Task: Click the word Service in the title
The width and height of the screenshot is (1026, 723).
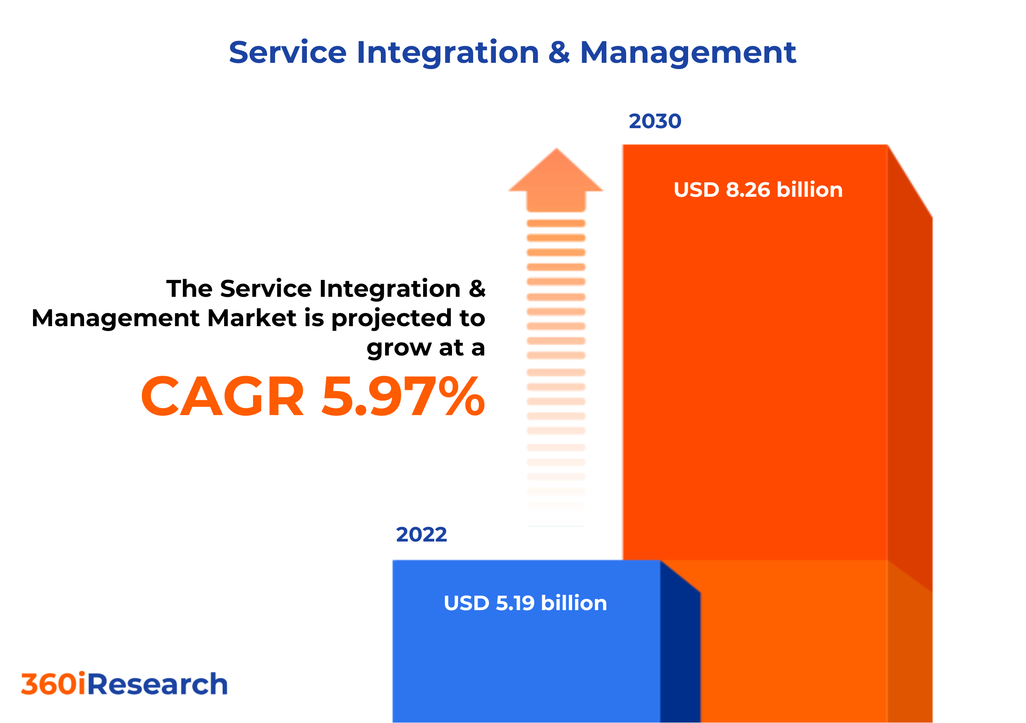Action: [287, 52]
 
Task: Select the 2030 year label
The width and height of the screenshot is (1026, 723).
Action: [655, 121]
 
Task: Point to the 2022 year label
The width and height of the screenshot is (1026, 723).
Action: [421, 534]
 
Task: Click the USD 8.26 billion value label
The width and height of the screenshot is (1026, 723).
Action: [758, 190]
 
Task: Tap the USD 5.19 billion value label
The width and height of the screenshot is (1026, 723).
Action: [525, 603]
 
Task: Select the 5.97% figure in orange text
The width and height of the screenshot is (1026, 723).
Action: [403, 396]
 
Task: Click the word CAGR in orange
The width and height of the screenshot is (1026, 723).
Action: [222, 396]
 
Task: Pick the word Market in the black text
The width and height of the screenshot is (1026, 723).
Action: [252, 318]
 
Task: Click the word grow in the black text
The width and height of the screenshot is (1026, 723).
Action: [399, 349]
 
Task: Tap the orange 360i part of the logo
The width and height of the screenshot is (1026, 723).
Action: [53, 684]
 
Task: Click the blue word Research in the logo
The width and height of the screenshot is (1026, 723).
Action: [157, 684]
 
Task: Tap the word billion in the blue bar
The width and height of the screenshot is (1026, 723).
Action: [574, 603]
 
